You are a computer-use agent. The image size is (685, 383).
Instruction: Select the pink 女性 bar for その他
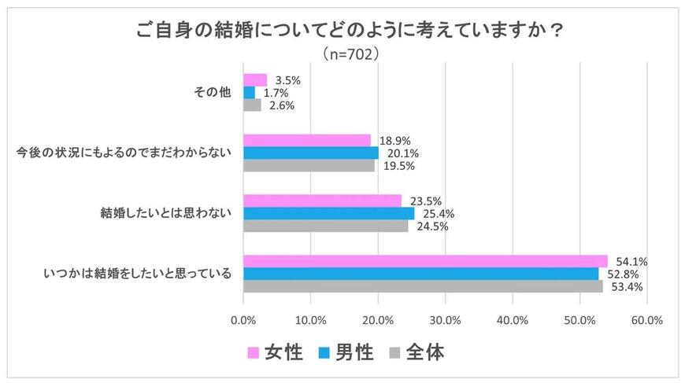(x=255, y=80)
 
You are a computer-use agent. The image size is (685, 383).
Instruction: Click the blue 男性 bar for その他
(x=249, y=93)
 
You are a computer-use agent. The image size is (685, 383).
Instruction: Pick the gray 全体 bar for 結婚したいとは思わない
(x=326, y=226)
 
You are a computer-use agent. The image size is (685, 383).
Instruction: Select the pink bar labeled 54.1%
(x=425, y=261)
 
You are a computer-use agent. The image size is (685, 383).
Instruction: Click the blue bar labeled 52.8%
(x=420, y=274)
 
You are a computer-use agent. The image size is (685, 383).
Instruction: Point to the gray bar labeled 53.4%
(x=423, y=286)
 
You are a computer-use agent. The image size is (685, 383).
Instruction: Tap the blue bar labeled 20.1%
(x=311, y=153)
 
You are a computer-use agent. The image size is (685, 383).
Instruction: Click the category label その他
(x=213, y=93)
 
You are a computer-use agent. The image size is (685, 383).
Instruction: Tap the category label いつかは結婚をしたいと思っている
(x=136, y=274)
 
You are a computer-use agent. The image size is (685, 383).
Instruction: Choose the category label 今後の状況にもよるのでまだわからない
(x=124, y=153)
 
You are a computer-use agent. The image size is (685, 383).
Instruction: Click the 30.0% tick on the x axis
(x=445, y=320)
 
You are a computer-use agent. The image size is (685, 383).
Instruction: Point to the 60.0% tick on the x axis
(x=647, y=320)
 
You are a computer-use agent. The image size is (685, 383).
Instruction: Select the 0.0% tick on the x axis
(x=243, y=320)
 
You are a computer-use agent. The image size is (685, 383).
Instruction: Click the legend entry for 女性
(x=275, y=352)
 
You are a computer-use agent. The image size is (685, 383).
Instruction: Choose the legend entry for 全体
(x=416, y=352)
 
